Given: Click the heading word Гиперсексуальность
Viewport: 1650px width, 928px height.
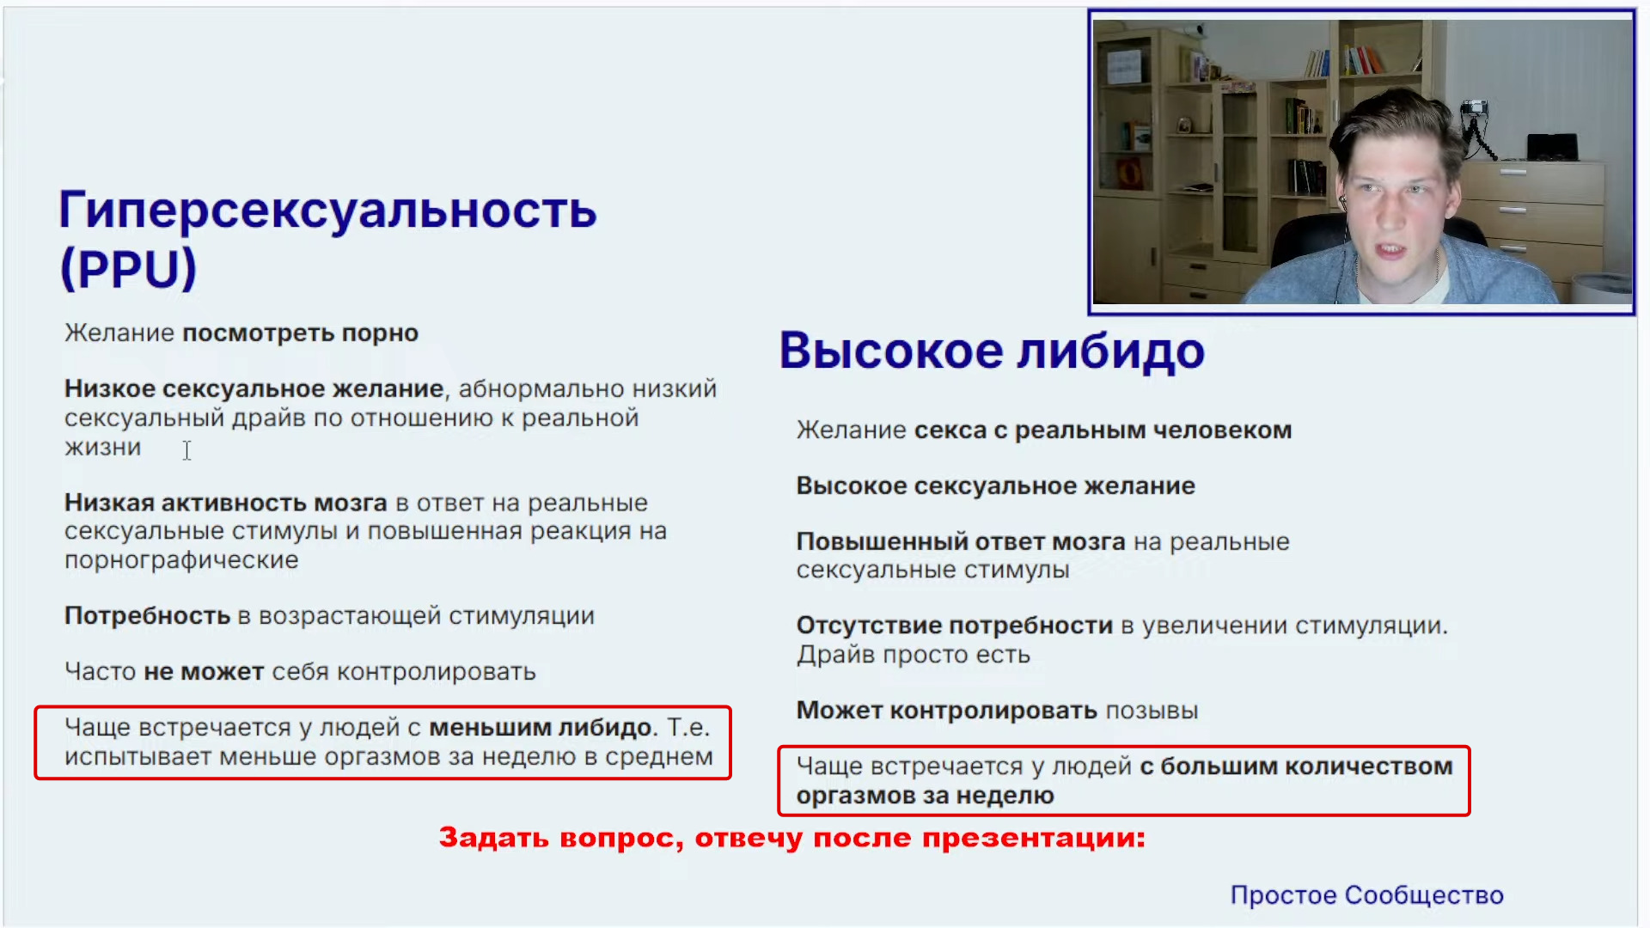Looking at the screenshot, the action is click(327, 211).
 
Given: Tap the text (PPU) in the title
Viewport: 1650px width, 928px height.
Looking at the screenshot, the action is click(128, 268).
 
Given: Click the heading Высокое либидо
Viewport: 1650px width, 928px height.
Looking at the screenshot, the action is click(992, 351).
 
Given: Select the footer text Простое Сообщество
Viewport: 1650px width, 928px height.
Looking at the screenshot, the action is click(1366, 894).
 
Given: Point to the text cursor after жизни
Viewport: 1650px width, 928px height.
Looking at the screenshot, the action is click(186, 450).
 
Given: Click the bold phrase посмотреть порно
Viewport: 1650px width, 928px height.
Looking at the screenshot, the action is click(300, 333).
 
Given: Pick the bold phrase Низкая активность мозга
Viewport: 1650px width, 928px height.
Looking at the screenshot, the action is click(226, 503).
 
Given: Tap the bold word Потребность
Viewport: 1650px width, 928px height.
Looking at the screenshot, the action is click(147, 616).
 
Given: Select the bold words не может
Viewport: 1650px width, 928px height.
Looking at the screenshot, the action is click(204, 672).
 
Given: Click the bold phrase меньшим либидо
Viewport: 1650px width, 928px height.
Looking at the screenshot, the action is click(541, 728).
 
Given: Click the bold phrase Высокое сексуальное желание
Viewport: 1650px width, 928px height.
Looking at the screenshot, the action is click(995, 486).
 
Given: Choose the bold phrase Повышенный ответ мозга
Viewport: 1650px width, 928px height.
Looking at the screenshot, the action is click(961, 542).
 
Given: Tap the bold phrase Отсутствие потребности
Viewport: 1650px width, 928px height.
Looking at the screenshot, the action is click(955, 626).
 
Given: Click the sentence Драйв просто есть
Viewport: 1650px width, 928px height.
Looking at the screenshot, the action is click(913, 655).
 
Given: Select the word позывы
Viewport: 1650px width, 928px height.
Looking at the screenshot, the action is click(1152, 711).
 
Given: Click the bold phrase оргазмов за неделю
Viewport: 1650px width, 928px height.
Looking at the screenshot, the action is click(925, 796).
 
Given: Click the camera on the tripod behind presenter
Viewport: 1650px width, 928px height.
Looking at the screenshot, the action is click(1476, 109).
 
